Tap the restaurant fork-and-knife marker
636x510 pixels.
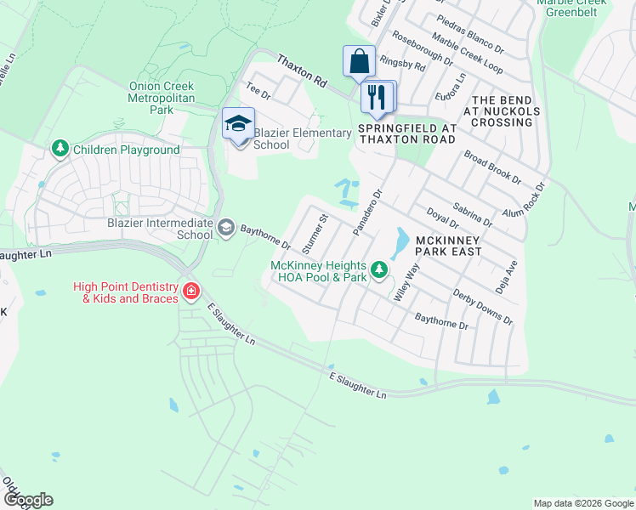(x=377, y=97)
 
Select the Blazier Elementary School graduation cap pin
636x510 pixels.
(x=238, y=125)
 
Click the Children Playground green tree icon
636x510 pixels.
(x=60, y=150)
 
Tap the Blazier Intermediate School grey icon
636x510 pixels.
(x=226, y=226)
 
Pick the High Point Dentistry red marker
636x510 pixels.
(x=192, y=292)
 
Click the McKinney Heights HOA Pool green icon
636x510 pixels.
(x=379, y=271)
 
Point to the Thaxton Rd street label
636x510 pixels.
(x=302, y=71)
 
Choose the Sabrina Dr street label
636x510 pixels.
(x=474, y=213)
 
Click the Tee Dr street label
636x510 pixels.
(x=257, y=87)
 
